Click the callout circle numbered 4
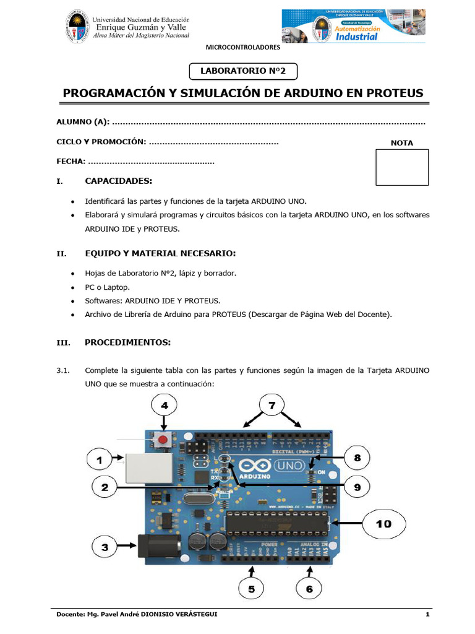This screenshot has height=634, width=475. point(163,407)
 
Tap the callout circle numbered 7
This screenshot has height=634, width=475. point(272,406)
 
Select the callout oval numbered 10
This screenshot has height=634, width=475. point(383,524)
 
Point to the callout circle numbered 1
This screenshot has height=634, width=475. point(98,460)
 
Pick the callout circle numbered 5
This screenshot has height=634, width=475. point(251,589)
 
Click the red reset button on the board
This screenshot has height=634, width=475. point(163,440)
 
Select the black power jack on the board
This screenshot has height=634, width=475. point(157,546)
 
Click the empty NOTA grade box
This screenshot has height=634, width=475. point(402,167)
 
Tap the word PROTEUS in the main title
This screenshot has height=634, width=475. point(393,93)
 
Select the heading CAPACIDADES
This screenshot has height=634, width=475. point(118,181)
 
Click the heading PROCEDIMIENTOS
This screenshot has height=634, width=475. point(127,342)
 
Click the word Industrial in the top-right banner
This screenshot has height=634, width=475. point(356,37)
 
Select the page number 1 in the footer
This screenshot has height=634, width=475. point(427,614)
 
